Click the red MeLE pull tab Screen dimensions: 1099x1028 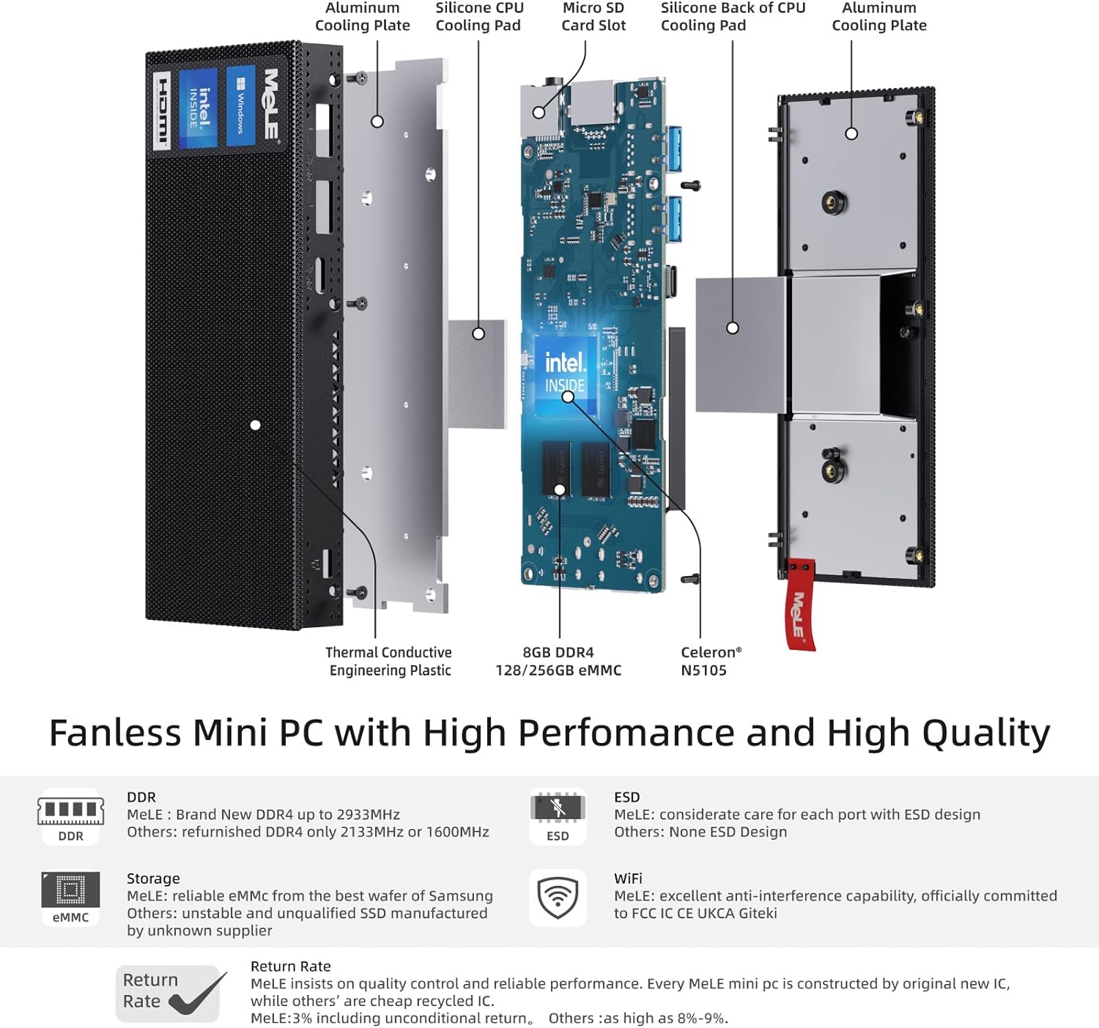[x=800, y=604]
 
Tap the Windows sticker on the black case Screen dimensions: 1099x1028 [x=241, y=106]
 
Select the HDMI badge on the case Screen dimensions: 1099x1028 [x=162, y=110]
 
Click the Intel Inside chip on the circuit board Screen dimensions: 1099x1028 [x=565, y=374]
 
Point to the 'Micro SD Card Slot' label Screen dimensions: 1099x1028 [x=593, y=17]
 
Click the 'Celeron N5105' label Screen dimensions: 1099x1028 [x=711, y=661]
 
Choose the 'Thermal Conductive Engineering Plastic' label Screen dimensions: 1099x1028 [x=389, y=661]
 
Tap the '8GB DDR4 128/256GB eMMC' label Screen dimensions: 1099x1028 [x=558, y=661]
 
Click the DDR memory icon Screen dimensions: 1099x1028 [x=71, y=816]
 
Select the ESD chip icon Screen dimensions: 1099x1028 [x=558, y=816]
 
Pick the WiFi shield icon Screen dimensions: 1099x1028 [x=558, y=898]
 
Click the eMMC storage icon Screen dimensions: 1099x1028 [x=71, y=898]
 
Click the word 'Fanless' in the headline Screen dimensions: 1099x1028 [x=115, y=733]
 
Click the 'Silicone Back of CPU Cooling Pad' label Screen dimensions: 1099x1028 [x=733, y=17]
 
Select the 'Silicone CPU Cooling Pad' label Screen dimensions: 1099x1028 [x=479, y=17]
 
